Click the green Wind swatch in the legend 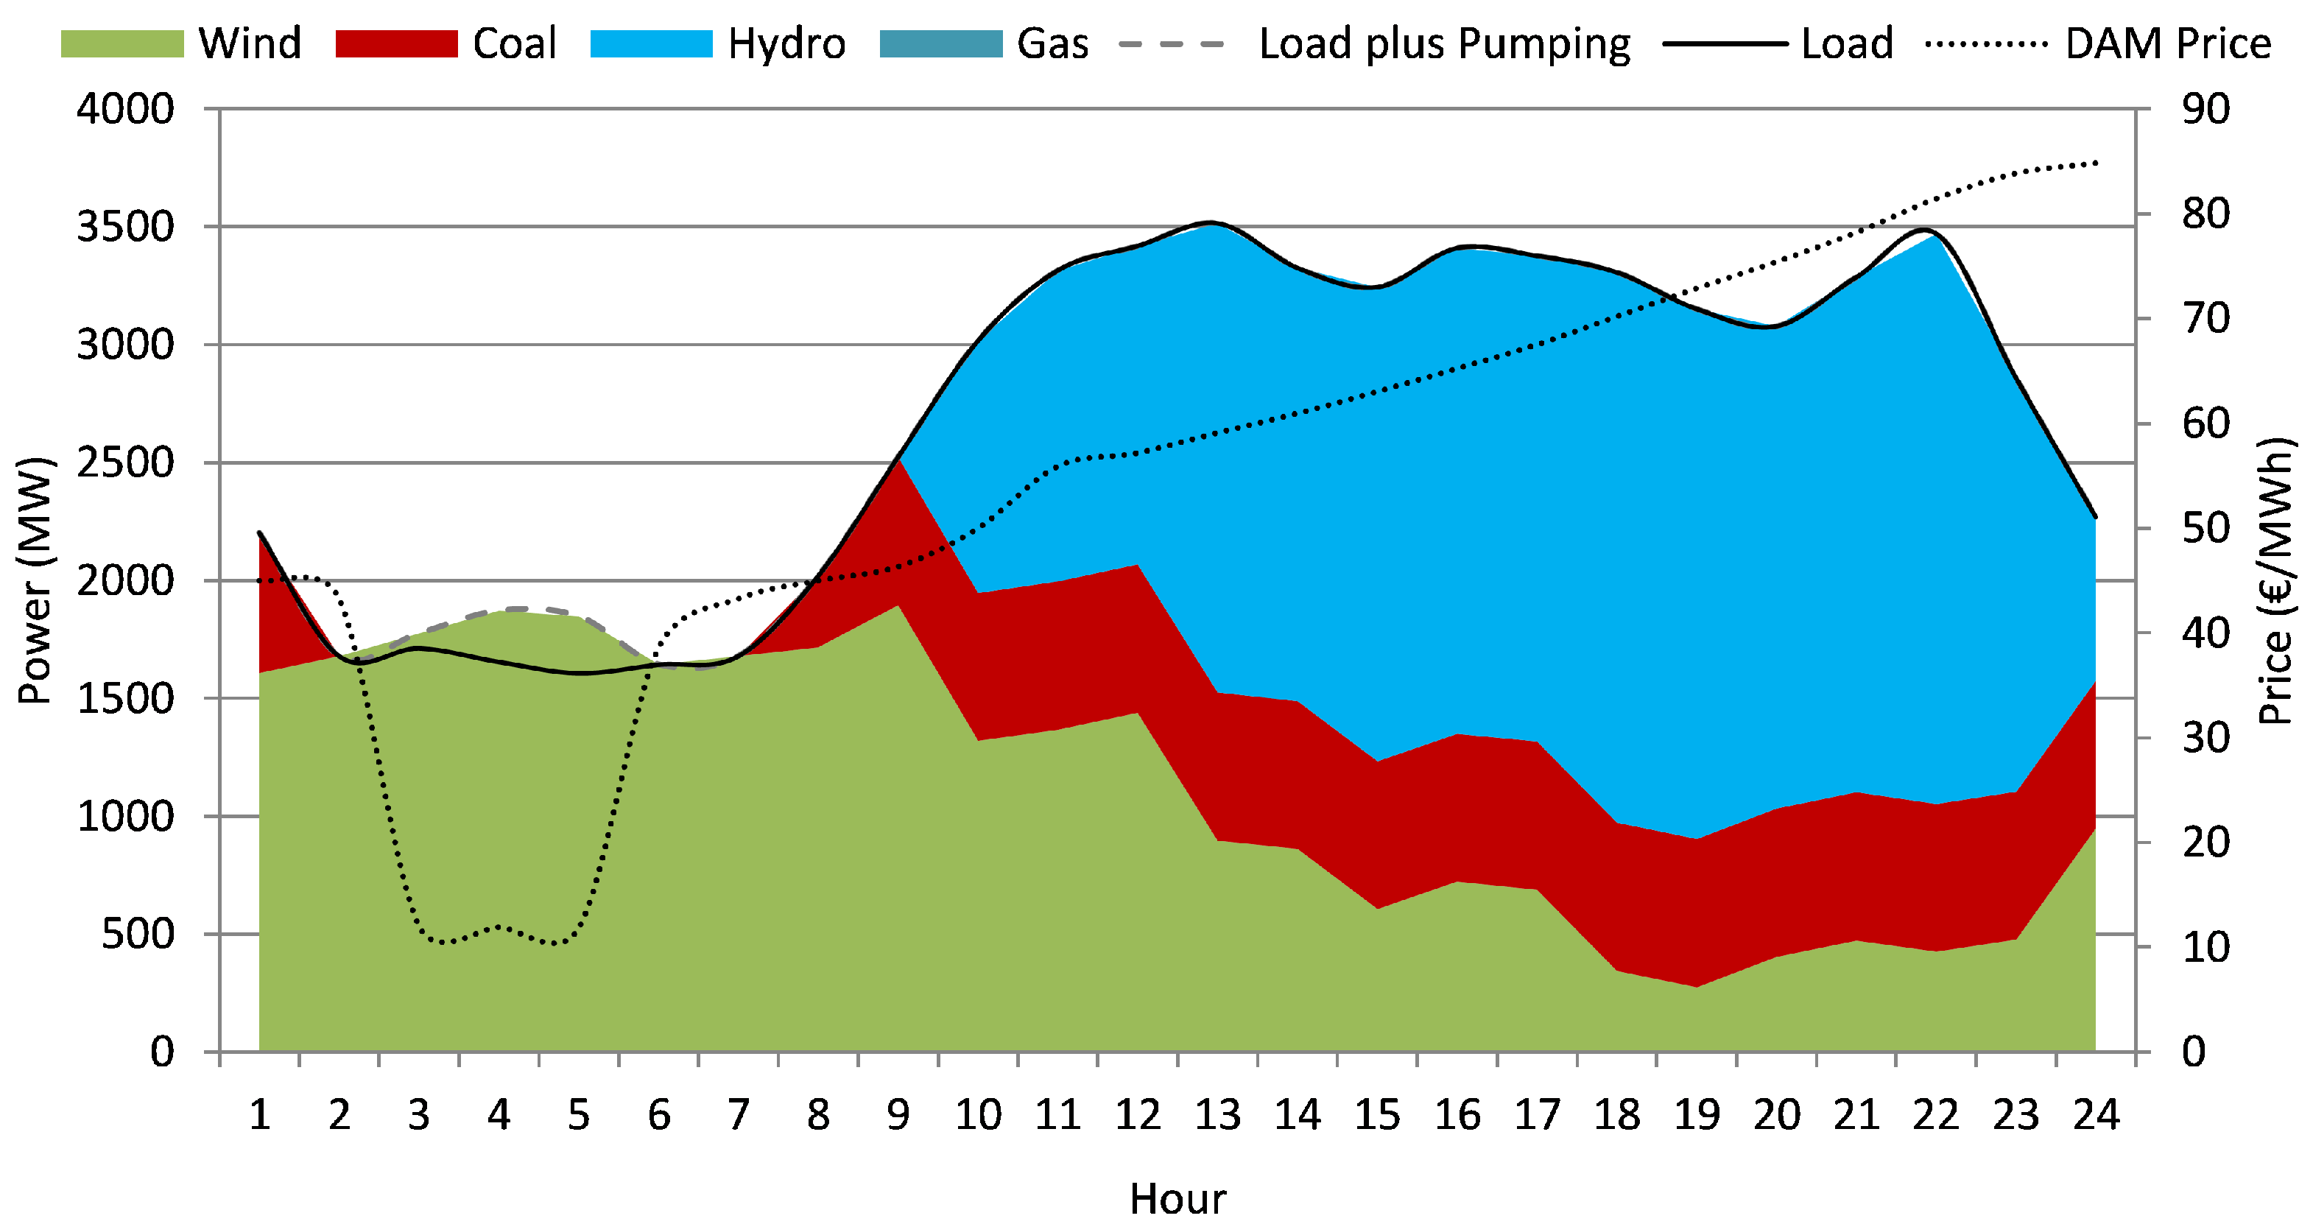pos(122,44)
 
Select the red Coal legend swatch pos(396,44)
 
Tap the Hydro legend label pos(786,44)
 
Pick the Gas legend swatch pos(940,44)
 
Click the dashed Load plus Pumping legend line pos(1172,44)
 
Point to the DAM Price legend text pos(2167,44)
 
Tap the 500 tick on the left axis pos(138,934)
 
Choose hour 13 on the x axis pos(1217,1115)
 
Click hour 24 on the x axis pos(2096,1115)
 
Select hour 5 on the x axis pos(578,1115)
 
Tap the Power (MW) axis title pos(36,580)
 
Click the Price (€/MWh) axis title pos(2277,580)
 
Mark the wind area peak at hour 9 pos(898,606)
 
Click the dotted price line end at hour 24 pos(2096,163)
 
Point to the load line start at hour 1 pos(259,532)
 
